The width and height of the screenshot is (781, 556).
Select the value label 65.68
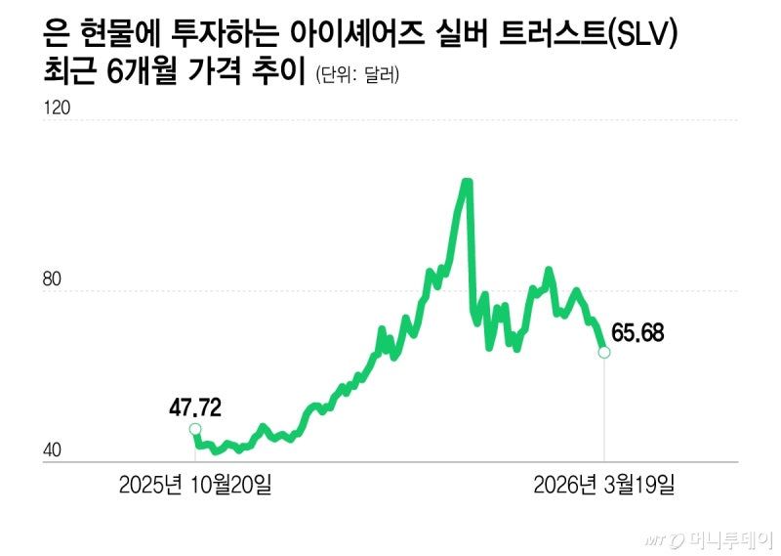coord(637,333)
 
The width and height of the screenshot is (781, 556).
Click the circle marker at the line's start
coord(195,429)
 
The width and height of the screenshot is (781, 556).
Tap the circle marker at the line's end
coord(604,352)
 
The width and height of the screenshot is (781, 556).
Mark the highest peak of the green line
coord(467,182)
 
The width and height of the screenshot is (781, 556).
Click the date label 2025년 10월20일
coord(195,485)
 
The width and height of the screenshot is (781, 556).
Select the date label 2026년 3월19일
coord(603,485)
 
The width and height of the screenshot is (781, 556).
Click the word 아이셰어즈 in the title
coord(359,35)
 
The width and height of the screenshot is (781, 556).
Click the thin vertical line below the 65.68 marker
coord(604,410)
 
